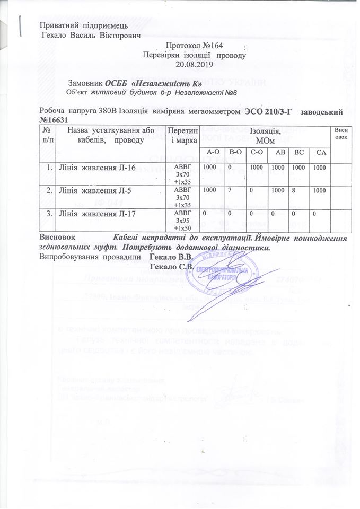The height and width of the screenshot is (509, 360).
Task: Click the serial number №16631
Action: [x=54, y=120]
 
